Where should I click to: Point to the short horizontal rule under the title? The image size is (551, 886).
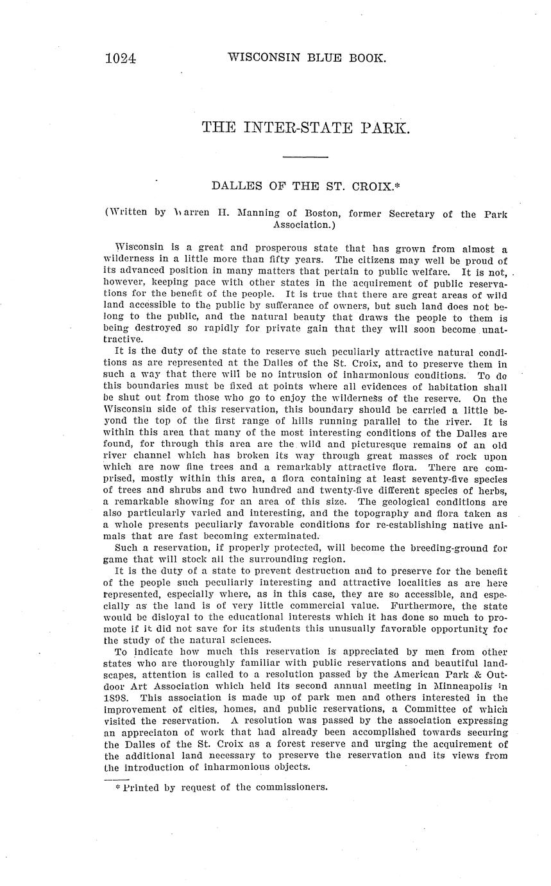pyautogui.click(x=305, y=157)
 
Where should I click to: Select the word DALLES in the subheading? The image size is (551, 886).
pyautogui.click(x=235, y=186)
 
